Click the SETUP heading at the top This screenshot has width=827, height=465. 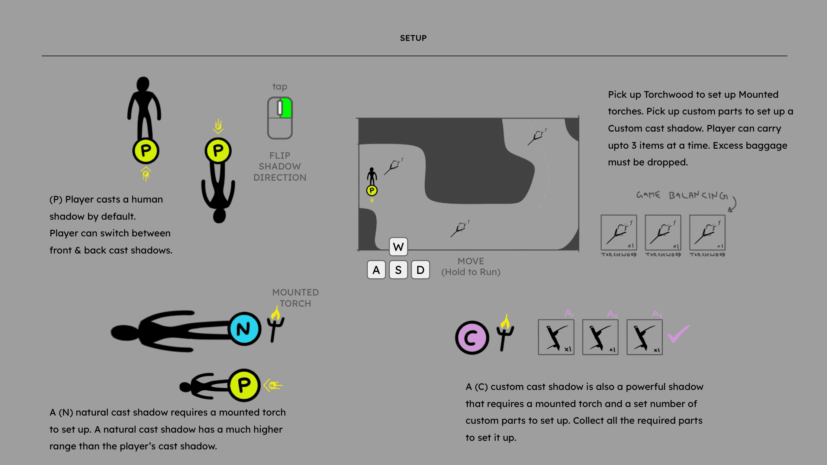point(413,38)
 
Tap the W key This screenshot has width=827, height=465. point(398,247)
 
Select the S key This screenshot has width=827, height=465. point(398,270)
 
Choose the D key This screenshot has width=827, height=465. point(420,270)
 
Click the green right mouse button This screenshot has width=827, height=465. point(287,108)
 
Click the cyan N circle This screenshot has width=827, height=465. point(244,329)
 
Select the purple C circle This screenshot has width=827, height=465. point(472,338)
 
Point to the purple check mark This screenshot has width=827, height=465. point(678,333)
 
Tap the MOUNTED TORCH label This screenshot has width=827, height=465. point(295,298)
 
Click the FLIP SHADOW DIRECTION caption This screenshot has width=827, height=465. point(280,166)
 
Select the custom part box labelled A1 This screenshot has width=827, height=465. point(556,337)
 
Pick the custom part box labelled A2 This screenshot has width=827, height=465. point(600,337)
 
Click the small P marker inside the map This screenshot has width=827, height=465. point(372,191)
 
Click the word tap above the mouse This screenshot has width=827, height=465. point(280,87)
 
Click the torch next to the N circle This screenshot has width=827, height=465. point(275,324)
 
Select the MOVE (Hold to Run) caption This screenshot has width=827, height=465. point(471,267)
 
